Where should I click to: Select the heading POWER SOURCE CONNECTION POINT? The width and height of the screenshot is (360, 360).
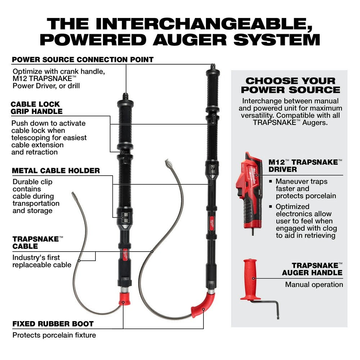pyautogui.click(x=83, y=59)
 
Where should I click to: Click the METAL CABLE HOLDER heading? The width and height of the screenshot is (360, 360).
pyautogui.click(x=56, y=170)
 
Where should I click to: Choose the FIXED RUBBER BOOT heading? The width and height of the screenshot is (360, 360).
pyautogui.click(x=53, y=324)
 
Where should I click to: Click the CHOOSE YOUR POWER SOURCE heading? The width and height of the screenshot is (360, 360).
pyautogui.click(x=290, y=85)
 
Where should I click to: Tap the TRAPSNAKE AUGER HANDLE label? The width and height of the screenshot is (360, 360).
pyautogui.click(x=312, y=269)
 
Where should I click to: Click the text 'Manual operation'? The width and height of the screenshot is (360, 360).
pyautogui.click(x=314, y=284)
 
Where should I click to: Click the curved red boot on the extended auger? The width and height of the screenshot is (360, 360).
pyautogui.click(x=202, y=305)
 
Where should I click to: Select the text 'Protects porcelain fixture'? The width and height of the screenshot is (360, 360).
pyautogui.click(x=54, y=335)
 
